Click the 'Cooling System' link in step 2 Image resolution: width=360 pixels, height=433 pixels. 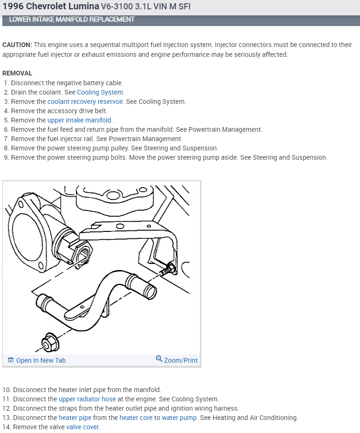click(100, 92)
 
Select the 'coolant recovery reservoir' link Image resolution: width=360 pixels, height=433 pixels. click(86, 101)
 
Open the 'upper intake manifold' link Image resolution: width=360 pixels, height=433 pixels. click(80, 120)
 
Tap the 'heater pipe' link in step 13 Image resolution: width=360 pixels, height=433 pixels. click(75, 418)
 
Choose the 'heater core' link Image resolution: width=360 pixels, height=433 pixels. click(136, 418)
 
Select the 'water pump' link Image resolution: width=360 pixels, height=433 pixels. click(179, 418)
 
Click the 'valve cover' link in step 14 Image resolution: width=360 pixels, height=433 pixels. click(83, 427)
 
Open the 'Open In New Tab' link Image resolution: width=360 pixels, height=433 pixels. click(41, 360)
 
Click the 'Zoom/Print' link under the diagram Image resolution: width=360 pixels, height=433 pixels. click(180, 360)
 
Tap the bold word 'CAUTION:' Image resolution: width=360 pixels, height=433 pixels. click(17, 45)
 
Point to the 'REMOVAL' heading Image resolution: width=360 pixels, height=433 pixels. click(17, 73)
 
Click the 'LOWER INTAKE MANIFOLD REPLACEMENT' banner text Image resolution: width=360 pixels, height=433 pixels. click(72, 20)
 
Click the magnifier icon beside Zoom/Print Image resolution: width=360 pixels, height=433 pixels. click(159, 359)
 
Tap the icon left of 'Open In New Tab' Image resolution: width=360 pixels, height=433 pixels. click(11, 360)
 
